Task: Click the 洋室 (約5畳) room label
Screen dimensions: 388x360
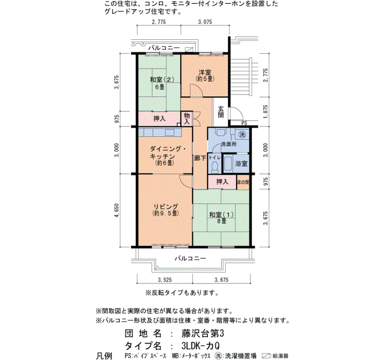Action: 205,76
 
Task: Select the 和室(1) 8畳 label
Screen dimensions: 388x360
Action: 222,218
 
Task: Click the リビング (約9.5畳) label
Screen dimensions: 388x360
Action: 166,210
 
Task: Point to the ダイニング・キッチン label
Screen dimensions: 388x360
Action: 168,152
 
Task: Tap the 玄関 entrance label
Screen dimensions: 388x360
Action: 221,112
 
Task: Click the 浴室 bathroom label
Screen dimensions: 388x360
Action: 241,163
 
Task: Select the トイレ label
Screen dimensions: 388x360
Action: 215,157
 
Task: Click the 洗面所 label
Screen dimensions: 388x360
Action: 228,144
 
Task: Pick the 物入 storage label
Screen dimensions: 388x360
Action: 187,119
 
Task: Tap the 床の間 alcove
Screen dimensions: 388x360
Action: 243,182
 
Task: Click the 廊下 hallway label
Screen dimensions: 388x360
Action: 200,158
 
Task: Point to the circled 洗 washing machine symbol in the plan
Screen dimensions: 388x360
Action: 242,134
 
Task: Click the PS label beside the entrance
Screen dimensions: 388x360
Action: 244,123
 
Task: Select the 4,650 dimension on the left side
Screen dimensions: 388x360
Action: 117,210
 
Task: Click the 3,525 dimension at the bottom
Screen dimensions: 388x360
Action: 165,280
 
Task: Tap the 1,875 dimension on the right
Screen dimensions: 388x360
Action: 266,111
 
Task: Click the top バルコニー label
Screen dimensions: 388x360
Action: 164,48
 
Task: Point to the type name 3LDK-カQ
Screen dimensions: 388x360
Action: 201,346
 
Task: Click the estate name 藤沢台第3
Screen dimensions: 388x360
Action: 203,333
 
